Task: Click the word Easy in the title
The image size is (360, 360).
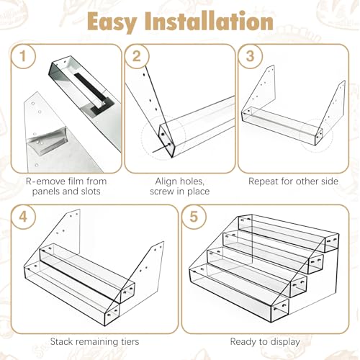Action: point(112,22)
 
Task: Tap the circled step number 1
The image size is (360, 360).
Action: point(23,56)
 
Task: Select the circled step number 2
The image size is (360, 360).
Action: point(137,56)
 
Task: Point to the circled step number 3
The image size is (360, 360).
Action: point(251,56)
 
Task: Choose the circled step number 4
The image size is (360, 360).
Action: point(23,217)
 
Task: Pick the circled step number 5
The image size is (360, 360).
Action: point(194,217)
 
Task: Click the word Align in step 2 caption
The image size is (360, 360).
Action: point(166,181)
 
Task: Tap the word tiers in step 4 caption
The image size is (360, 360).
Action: point(130,341)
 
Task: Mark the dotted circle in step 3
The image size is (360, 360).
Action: point(316,135)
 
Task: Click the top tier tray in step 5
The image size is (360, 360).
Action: point(289,232)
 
